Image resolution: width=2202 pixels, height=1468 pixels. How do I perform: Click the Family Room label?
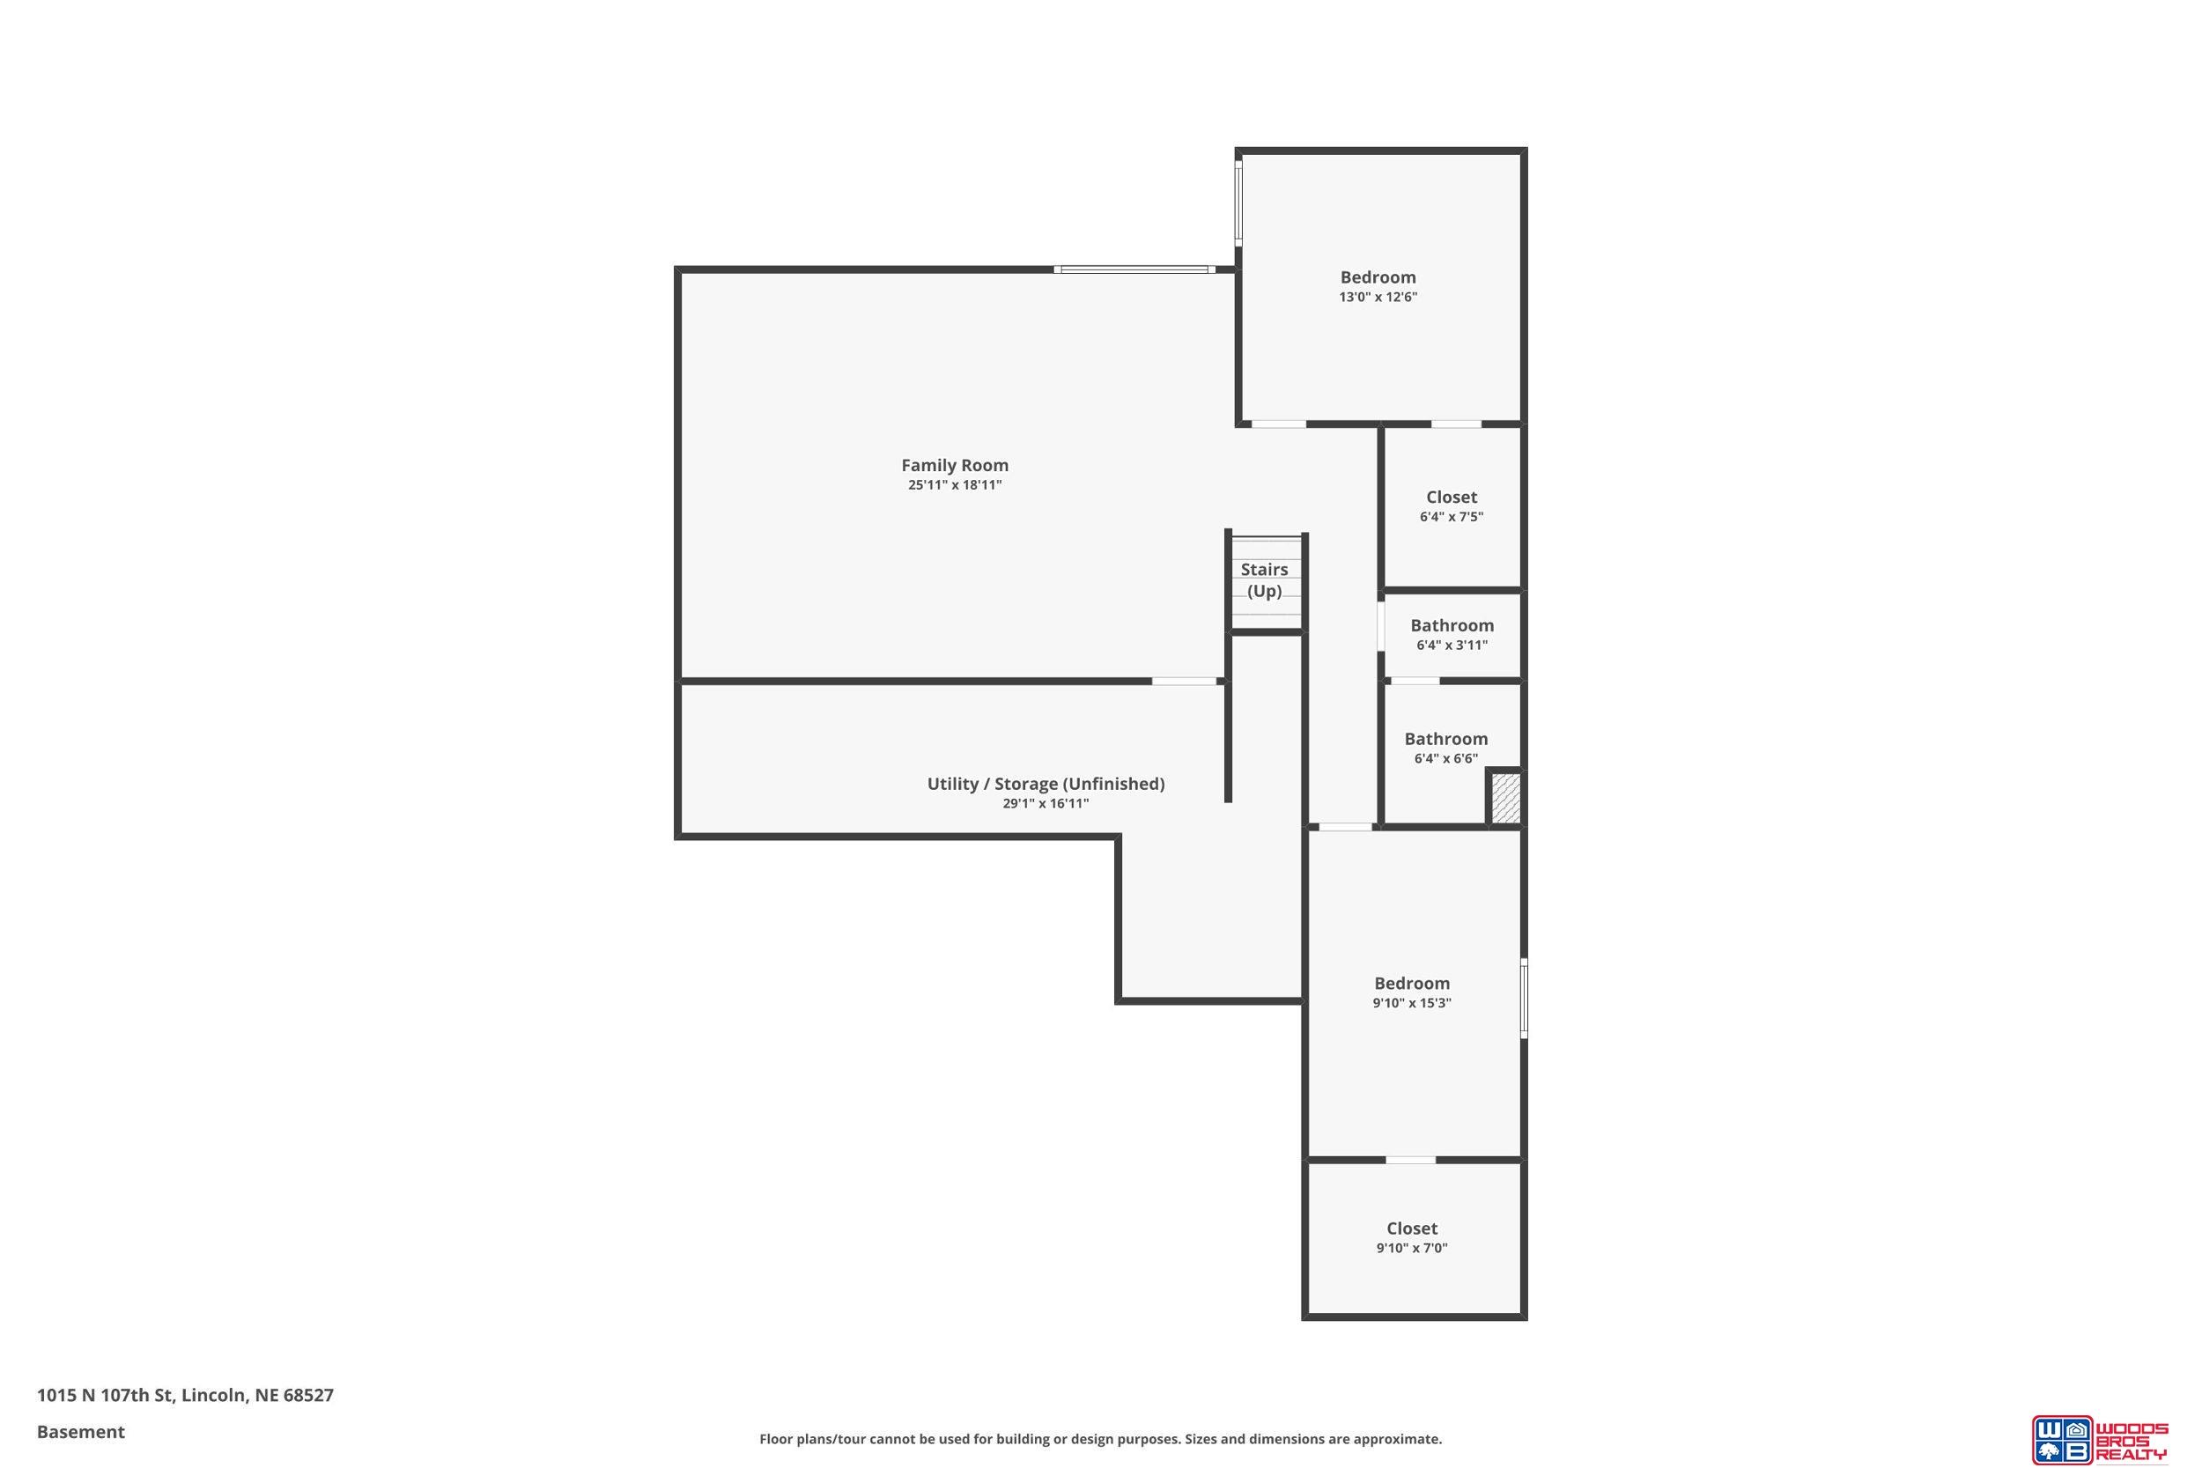pyautogui.click(x=954, y=465)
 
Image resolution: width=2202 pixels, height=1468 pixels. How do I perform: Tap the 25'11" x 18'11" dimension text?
pyautogui.click(x=954, y=485)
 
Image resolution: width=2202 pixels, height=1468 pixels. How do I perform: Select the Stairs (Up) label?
pyautogui.click(x=1264, y=580)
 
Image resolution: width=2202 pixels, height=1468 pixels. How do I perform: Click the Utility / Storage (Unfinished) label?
pyautogui.click(x=1046, y=784)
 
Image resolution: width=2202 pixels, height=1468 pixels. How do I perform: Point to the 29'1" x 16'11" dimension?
pyautogui.click(x=1046, y=803)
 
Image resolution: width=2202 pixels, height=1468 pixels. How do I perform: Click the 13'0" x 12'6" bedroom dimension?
pyautogui.click(x=1378, y=297)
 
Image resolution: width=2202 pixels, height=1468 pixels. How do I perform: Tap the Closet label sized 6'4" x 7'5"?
pyautogui.click(x=1452, y=498)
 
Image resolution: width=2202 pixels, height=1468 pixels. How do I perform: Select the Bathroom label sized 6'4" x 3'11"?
pyautogui.click(x=1452, y=625)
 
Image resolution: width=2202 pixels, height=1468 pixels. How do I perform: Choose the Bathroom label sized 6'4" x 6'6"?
pyautogui.click(x=1445, y=739)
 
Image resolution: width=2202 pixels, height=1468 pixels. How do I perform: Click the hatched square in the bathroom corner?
pyautogui.click(x=1504, y=799)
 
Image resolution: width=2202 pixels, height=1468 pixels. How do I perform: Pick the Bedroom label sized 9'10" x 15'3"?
pyautogui.click(x=1412, y=983)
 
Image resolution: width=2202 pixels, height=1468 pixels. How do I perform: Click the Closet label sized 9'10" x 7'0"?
pyautogui.click(x=1412, y=1228)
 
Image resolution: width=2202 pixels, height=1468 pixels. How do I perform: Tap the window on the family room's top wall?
pyautogui.click(x=1134, y=269)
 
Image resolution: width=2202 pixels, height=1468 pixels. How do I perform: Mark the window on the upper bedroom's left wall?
pyautogui.click(x=1238, y=203)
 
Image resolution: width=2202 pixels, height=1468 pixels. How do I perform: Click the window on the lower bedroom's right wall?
pyautogui.click(x=1524, y=998)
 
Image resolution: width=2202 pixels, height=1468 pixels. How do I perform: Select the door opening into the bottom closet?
pyautogui.click(x=1411, y=1160)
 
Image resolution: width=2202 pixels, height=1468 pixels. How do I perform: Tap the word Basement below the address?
pyautogui.click(x=80, y=1432)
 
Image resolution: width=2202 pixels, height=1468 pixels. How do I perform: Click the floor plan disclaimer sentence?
pyautogui.click(x=1100, y=1439)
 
